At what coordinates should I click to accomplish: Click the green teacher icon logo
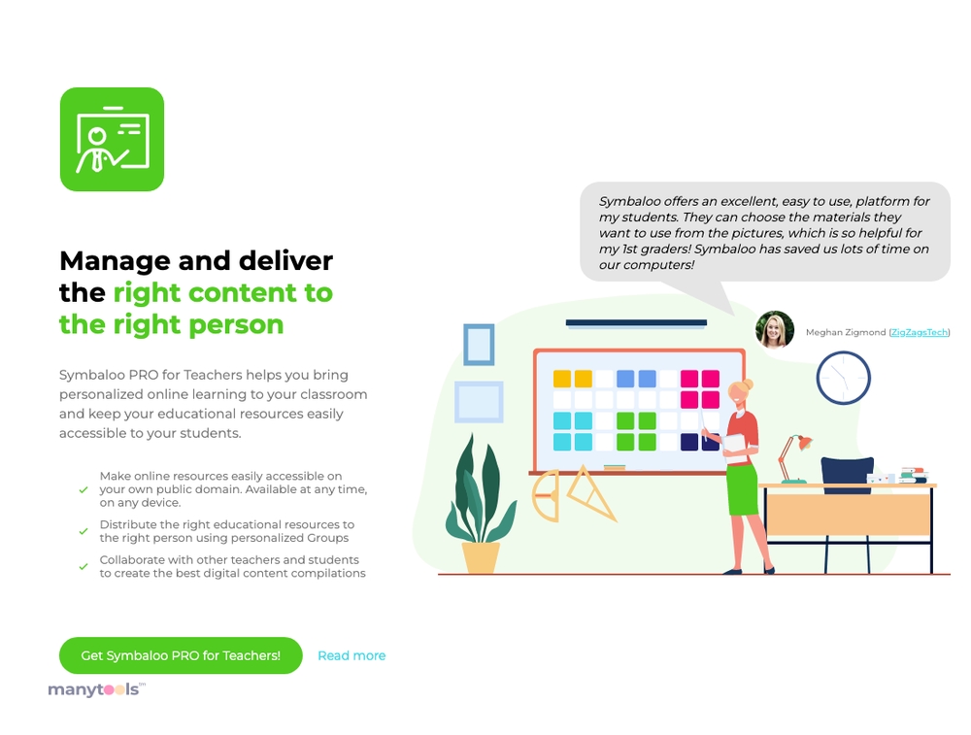click(112, 139)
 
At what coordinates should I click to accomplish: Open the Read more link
click(352, 655)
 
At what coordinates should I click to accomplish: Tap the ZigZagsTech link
click(920, 332)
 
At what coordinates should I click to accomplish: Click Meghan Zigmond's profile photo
click(775, 329)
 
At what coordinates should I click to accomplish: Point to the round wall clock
click(844, 378)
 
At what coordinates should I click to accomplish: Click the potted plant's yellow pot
click(482, 557)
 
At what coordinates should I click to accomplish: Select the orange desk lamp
click(794, 458)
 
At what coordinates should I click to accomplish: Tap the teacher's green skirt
click(743, 489)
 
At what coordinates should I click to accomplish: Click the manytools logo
click(96, 689)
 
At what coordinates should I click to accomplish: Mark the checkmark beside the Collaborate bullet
click(84, 566)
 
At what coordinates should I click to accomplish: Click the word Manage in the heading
click(116, 261)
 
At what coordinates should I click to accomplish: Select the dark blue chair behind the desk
click(847, 475)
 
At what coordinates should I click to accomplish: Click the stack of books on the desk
click(914, 475)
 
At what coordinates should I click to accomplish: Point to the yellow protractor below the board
click(546, 495)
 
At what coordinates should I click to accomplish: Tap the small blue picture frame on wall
click(480, 345)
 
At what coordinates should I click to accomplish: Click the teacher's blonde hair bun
click(748, 384)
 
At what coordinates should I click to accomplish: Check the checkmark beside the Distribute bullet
click(84, 531)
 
